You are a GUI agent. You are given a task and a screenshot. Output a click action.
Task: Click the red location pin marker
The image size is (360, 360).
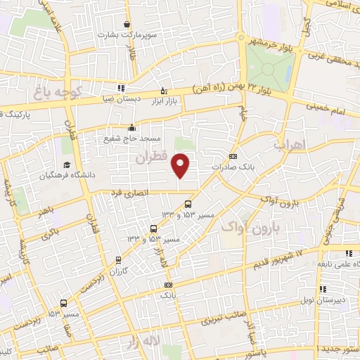[181, 165]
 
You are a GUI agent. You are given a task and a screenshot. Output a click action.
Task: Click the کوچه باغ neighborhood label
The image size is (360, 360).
[59, 91]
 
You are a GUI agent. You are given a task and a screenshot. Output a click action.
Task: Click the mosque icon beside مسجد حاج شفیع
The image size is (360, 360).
[132, 127]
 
